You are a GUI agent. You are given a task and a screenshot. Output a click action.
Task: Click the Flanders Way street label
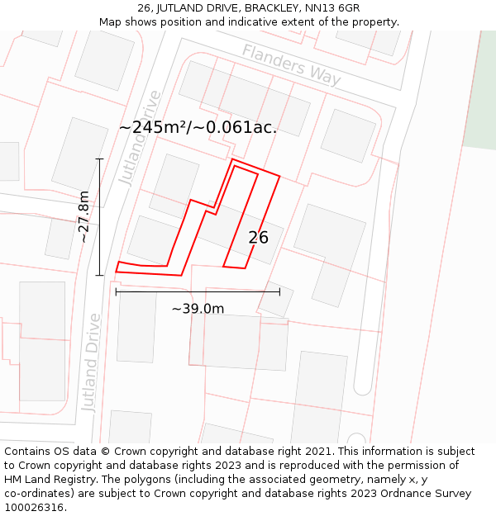pos(291,64)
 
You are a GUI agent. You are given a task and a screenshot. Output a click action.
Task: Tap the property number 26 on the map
pos(258,238)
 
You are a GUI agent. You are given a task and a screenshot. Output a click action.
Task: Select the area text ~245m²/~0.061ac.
pos(198,127)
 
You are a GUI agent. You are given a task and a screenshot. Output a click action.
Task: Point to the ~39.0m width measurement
pos(198,309)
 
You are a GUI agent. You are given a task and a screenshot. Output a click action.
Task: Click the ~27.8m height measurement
pos(83,216)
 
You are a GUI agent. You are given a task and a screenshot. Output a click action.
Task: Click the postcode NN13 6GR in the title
pos(331,8)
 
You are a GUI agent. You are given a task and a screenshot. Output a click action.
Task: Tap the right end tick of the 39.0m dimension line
pos(279,291)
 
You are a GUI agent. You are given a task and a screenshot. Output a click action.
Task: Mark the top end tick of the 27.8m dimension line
pos(99,159)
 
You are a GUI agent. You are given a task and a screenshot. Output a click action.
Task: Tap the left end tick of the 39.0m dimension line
pos(116,291)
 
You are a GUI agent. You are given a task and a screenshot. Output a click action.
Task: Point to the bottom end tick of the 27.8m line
pos(99,275)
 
